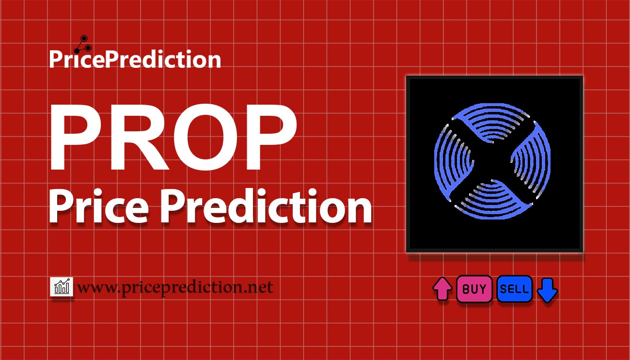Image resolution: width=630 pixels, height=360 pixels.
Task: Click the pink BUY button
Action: tap(474, 289)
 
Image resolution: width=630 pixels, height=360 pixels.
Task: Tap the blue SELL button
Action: tap(515, 289)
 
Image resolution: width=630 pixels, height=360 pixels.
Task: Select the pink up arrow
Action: tap(442, 289)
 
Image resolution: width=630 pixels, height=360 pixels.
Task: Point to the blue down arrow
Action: tap(548, 290)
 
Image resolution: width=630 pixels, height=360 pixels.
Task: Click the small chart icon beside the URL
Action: tap(62, 287)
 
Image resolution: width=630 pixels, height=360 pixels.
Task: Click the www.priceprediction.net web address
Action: tap(175, 287)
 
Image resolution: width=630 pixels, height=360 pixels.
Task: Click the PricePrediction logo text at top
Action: tap(135, 60)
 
